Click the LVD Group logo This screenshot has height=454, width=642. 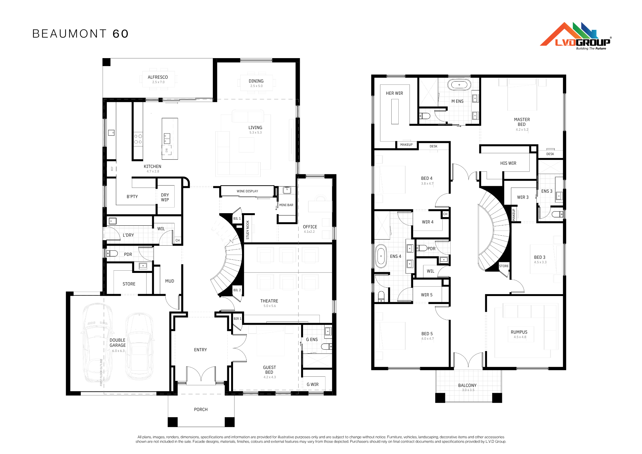pyautogui.click(x=576, y=36)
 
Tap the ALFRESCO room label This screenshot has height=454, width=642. pyautogui.click(x=158, y=77)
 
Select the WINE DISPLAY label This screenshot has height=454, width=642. pyautogui.click(x=247, y=191)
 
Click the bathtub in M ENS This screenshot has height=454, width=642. pyautogui.click(x=459, y=85)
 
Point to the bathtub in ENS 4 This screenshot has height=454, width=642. pyautogui.click(x=381, y=256)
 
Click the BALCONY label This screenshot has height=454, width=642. pyautogui.click(x=467, y=385)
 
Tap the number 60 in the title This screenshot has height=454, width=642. pyautogui.click(x=121, y=34)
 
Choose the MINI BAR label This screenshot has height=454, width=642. pyautogui.click(x=286, y=205)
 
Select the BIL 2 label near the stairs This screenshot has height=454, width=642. pyautogui.click(x=237, y=290)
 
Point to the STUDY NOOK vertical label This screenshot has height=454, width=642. pyautogui.click(x=247, y=230)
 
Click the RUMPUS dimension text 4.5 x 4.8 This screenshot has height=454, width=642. pyautogui.click(x=520, y=337)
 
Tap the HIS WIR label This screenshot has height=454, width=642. pyautogui.click(x=508, y=163)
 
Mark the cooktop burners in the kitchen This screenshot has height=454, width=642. pyautogui.click(x=138, y=139)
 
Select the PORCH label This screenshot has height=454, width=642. pyautogui.click(x=201, y=409)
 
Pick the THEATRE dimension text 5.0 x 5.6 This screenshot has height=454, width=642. pyautogui.click(x=270, y=306)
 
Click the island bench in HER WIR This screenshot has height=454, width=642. pyautogui.click(x=395, y=111)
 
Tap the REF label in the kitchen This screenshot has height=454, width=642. pyautogui.click(x=112, y=168)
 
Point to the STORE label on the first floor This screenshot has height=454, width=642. pyautogui.click(x=504, y=266)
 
